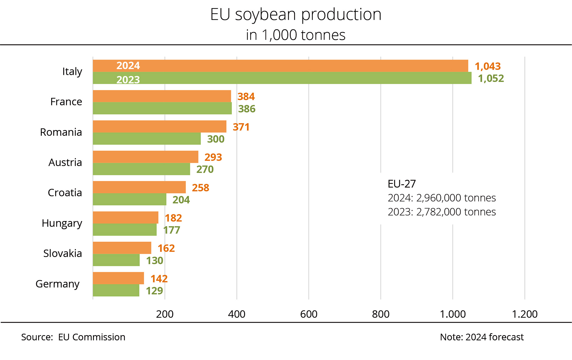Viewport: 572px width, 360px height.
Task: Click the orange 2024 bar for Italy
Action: pyautogui.click(x=279, y=66)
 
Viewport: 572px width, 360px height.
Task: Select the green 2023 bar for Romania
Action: pyautogui.click(x=147, y=139)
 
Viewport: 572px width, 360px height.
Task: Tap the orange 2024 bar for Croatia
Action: pyautogui.click(x=139, y=187)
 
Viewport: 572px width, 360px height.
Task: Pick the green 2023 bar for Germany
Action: pyautogui.click(x=116, y=291)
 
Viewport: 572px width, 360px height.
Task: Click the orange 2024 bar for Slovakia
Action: pyautogui.click(x=122, y=248)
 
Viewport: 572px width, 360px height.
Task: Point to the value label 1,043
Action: pyautogui.click(x=488, y=66)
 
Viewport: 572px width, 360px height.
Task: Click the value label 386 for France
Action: pyautogui.click(x=247, y=109)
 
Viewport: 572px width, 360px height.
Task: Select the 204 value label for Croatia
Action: pyautogui.click(x=181, y=200)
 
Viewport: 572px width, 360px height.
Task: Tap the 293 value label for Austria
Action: pyautogui.click(x=213, y=157)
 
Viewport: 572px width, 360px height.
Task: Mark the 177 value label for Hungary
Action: pyautogui.click(x=171, y=230)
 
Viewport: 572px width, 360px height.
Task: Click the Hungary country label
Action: pyautogui.click(x=62, y=223)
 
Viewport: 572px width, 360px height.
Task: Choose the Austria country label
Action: pyautogui.click(x=65, y=162)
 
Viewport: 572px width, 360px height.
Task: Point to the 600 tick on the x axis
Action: pyautogui.click(x=309, y=314)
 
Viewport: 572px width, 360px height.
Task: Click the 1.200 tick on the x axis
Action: pyautogui.click(x=525, y=314)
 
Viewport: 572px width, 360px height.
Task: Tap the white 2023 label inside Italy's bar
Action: pyautogui.click(x=128, y=80)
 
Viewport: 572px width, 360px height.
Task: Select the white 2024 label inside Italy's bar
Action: pyautogui.click(x=128, y=66)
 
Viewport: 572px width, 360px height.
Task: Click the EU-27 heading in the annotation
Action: pyautogui.click(x=402, y=184)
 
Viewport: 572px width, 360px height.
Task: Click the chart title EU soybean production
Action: pyautogui.click(x=295, y=15)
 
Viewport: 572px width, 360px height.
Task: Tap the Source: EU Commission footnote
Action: pyautogui.click(x=73, y=337)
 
